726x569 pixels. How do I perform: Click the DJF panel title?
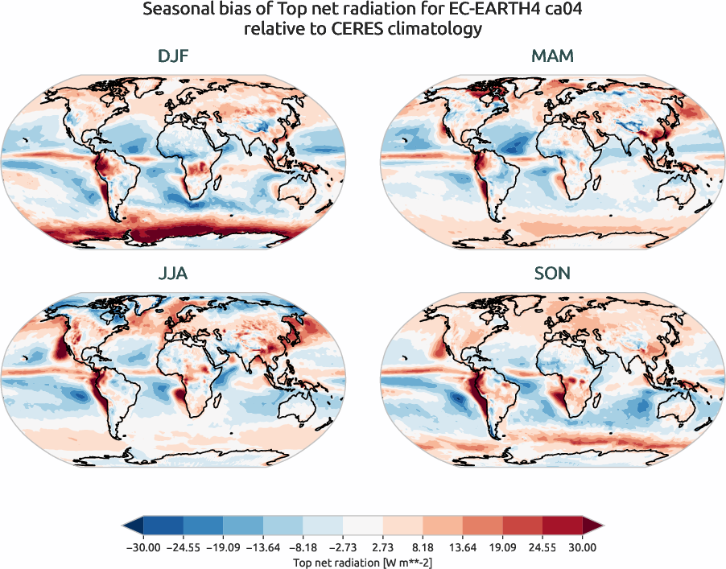coord(173,57)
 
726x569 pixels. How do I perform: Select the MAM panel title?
coord(553,57)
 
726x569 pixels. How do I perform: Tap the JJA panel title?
coord(173,274)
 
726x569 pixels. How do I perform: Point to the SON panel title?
coord(553,274)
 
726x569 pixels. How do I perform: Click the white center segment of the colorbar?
coord(363,526)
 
